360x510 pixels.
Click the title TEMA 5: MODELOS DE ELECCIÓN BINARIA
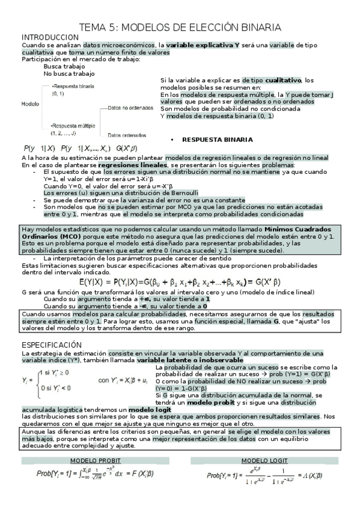click(x=180, y=27)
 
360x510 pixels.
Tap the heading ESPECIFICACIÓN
click(x=50, y=345)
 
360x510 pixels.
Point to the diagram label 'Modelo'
click(x=30, y=104)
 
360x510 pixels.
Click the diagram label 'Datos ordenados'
click(x=127, y=135)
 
